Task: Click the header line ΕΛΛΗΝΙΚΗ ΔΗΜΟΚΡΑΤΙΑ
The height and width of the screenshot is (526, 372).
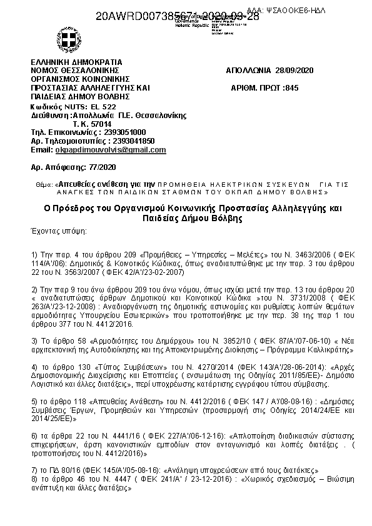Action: tap(76, 62)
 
